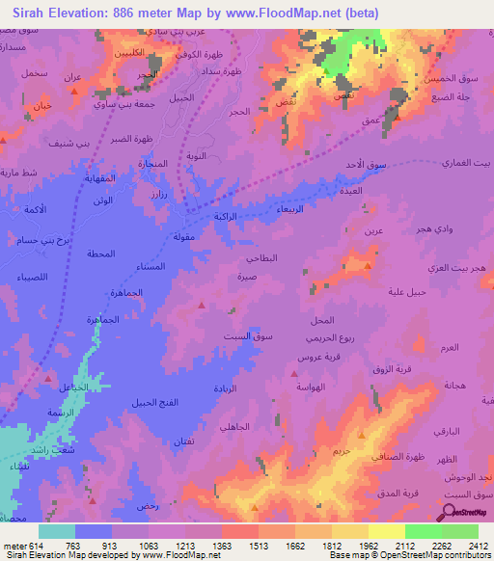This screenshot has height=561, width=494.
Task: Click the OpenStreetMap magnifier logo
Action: tap(451, 513)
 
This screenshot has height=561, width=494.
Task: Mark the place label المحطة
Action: tap(99, 254)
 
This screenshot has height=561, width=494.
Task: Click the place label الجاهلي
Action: tap(234, 425)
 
